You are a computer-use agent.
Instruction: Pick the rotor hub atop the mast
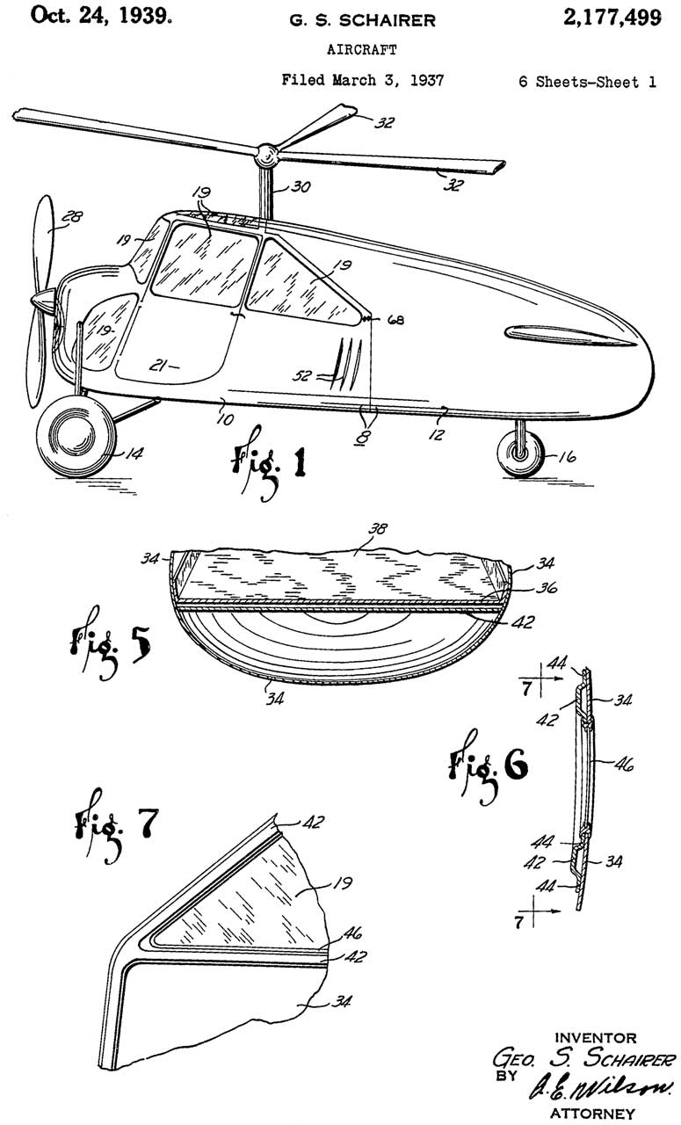pos(266,158)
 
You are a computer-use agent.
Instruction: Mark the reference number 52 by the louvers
pos(304,375)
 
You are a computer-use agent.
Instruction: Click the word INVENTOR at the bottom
pos(596,1039)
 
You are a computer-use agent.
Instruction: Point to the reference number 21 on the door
pos(156,365)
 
